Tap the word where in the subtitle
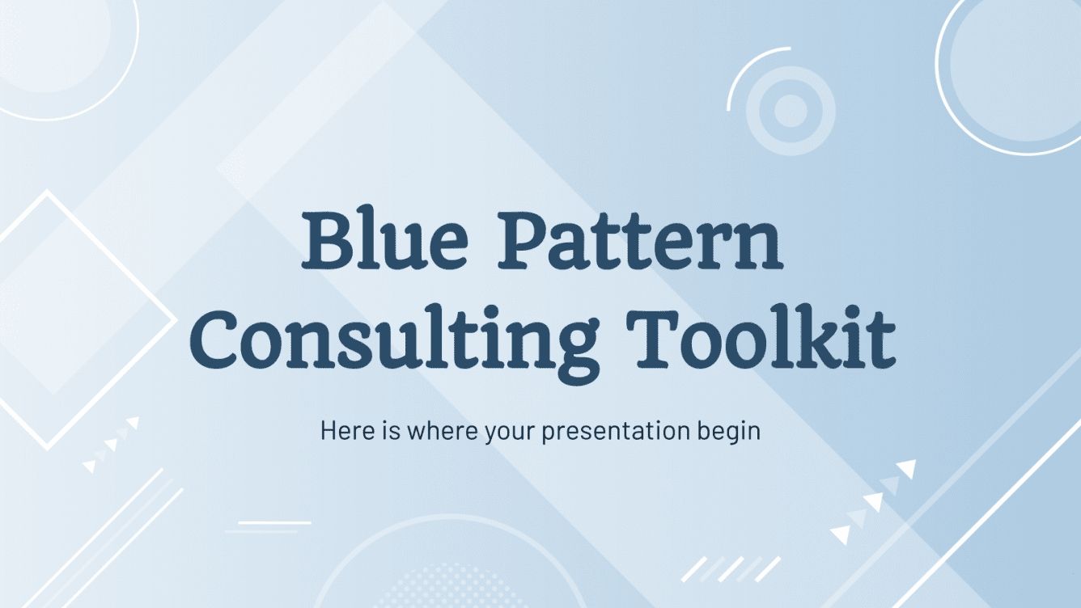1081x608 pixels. tap(444, 430)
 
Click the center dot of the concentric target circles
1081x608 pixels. tap(790, 111)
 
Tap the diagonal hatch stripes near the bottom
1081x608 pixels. tap(730, 568)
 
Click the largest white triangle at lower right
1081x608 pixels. tap(906, 469)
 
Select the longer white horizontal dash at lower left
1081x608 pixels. tap(274, 522)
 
